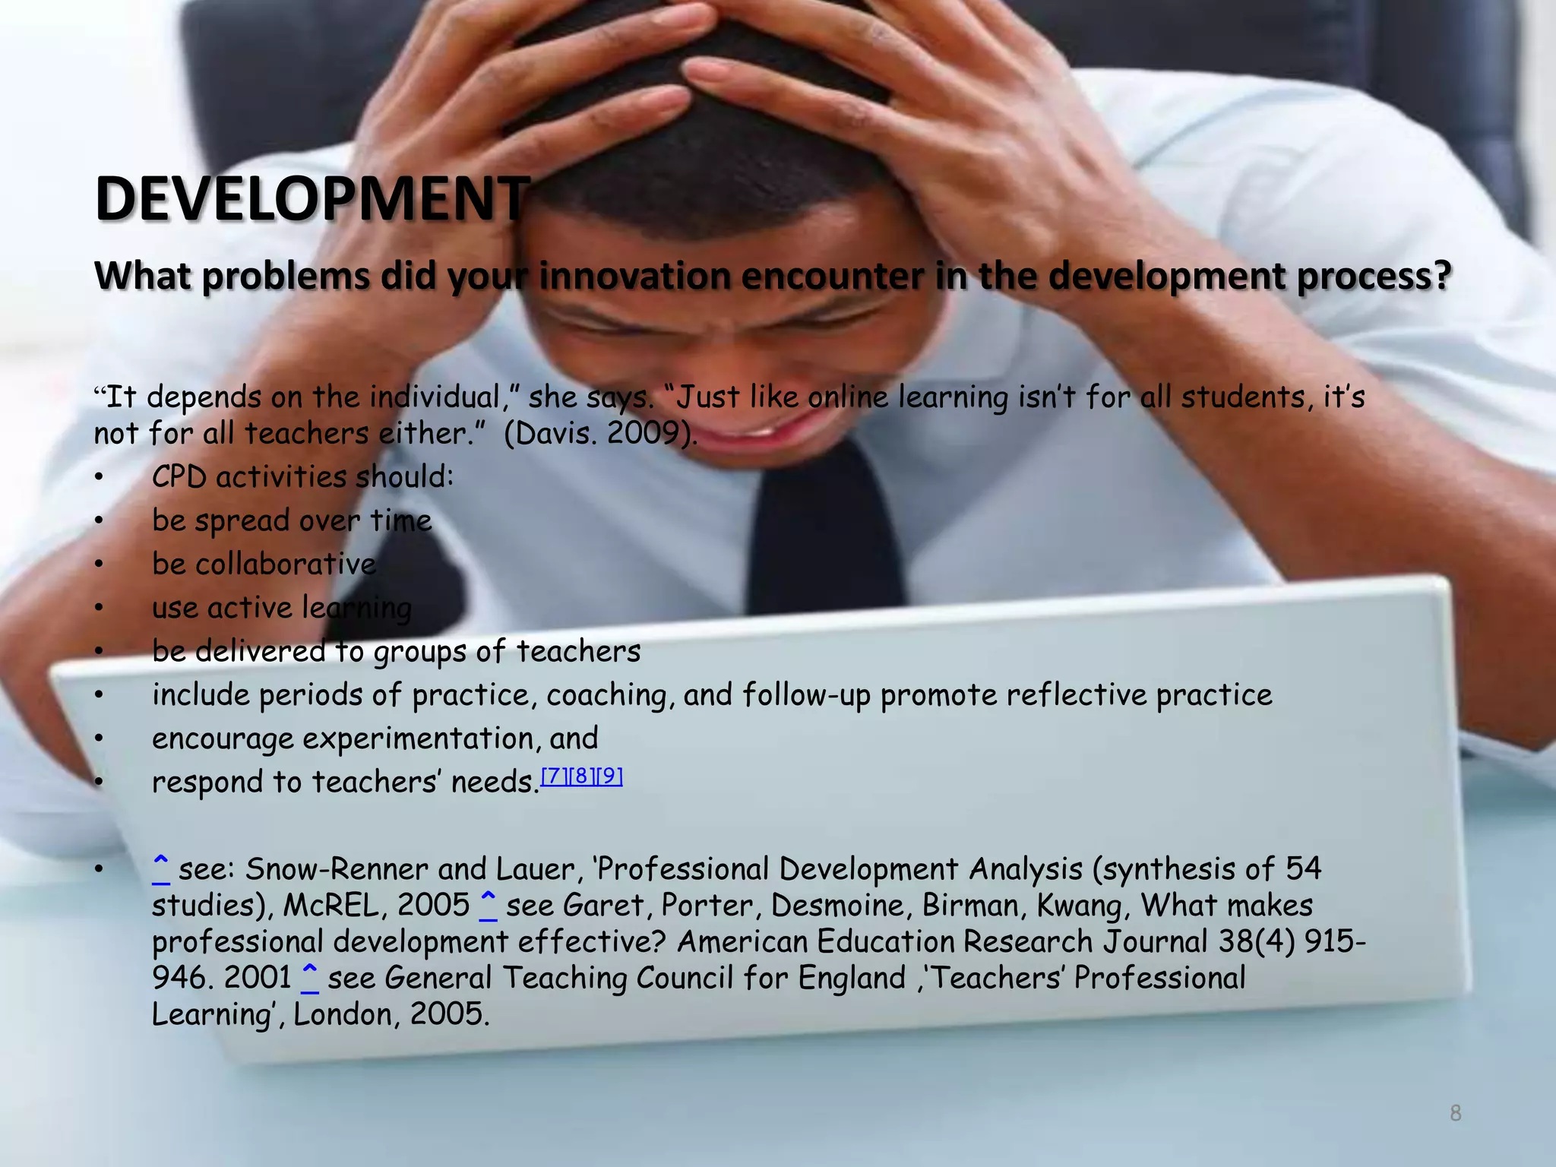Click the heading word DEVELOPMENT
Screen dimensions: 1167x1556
click(312, 199)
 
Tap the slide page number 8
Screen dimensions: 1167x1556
click(1455, 1113)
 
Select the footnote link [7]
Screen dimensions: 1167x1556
click(554, 776)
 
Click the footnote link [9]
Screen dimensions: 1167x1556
click(609, 776)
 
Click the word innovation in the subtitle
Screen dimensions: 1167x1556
click(634, 275)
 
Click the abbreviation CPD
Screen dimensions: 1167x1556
click(179, 477)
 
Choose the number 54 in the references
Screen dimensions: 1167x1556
click(1303, 868)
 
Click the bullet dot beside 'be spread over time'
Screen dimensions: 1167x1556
click(99, 521)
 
